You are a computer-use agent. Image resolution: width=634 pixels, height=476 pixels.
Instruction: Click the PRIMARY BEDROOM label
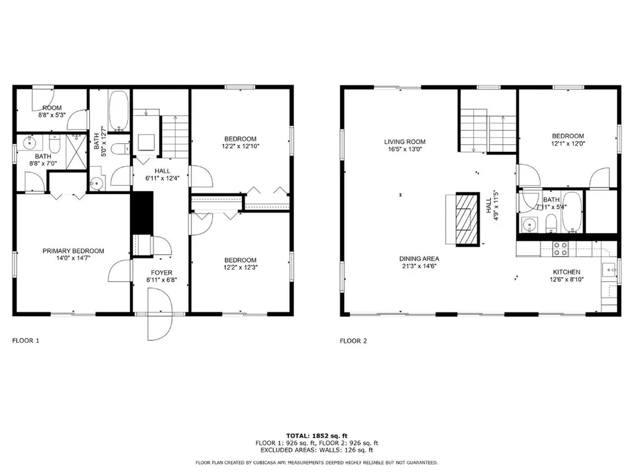(73, 251)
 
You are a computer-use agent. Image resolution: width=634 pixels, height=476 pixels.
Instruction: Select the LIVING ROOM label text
(404, 142)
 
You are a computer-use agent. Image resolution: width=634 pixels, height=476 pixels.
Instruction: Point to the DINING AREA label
(419, 258)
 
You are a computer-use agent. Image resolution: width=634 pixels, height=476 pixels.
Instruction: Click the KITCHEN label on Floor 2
(567, 272)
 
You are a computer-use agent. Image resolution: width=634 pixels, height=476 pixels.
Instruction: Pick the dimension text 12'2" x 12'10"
(240, 146)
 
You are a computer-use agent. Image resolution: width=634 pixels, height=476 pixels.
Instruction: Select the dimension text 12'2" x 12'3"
(240, 268)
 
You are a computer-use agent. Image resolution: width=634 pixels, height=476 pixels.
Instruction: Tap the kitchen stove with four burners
(560, 248)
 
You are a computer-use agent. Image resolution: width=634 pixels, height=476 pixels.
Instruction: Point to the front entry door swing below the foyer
(161, 316)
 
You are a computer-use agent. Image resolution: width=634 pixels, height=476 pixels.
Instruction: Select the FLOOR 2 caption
(354, 340)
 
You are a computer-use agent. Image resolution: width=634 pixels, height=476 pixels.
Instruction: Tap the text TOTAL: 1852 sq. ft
(316, 435)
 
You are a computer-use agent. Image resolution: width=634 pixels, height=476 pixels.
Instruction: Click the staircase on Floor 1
(175, 136)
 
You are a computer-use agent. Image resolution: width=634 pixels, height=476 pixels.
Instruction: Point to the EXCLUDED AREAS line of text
(316, 450)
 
